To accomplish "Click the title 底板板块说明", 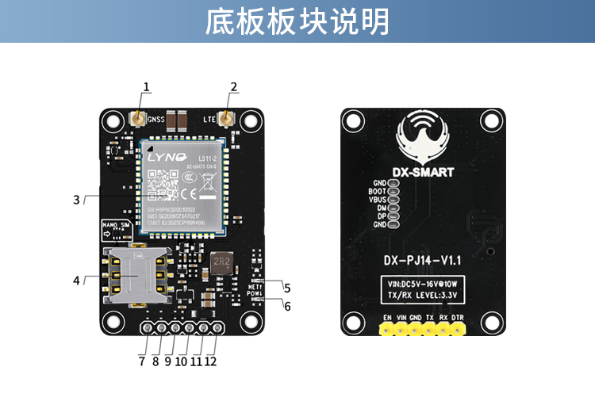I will click(297, 21).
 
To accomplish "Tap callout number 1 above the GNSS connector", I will click(147, 86).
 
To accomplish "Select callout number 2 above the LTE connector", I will click(233, 86).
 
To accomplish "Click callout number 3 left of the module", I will click(77, 200).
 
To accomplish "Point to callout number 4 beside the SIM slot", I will click(77, 280).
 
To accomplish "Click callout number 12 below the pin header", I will click(210, 361).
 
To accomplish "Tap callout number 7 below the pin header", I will click(141, 361).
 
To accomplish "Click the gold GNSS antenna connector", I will click(136, 119).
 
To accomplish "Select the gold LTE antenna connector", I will click(226, 119).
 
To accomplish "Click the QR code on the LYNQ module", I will click(164, 181).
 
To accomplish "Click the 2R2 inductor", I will click(221, 261).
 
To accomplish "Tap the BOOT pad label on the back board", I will click(377, 191).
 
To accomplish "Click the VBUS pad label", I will click(377, 200).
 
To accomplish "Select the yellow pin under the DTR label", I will click(458, 329).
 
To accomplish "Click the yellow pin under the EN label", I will click(387, 329).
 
